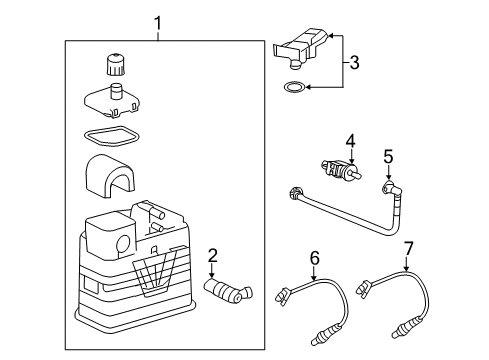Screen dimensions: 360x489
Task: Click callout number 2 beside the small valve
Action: point(211,255)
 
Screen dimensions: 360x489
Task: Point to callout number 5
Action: point(389,156)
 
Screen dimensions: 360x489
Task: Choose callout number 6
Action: point(314,258)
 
